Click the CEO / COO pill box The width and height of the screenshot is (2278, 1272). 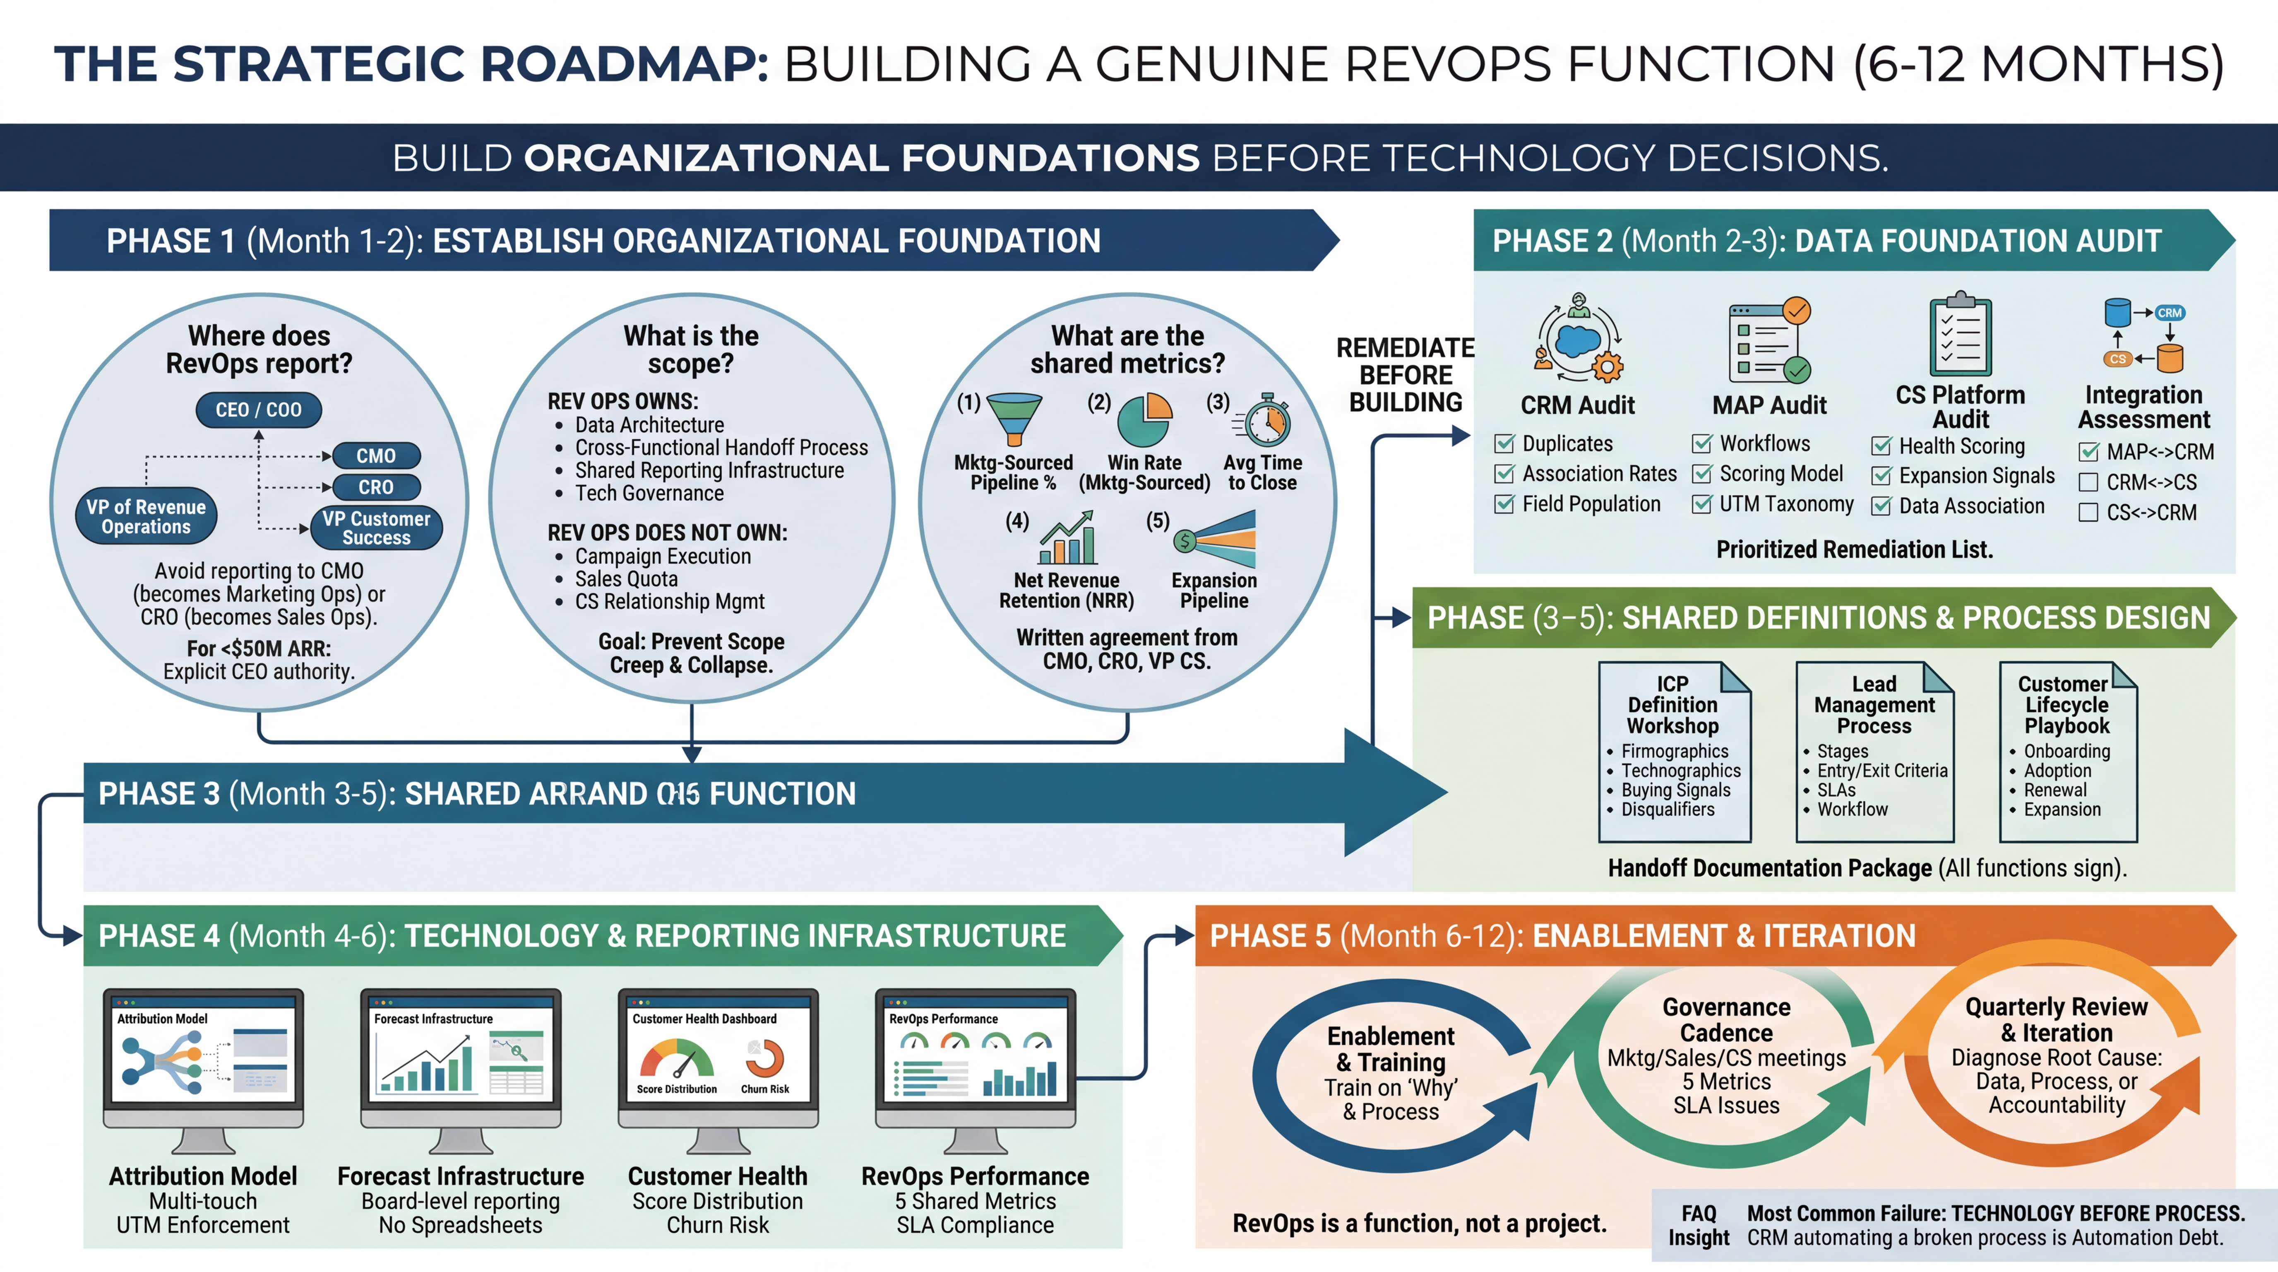tap(258, 410)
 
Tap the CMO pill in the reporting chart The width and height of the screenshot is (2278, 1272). tap(376, 455)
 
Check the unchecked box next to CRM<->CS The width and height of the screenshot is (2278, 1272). tap(2088, 482)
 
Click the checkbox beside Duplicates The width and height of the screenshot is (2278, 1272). tap(1503, 443)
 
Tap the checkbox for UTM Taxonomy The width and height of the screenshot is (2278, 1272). tap(1701, 504)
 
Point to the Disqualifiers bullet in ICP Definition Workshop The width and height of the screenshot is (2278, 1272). tap(1667, 809)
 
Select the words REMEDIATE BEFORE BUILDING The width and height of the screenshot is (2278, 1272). tap(1405, 375)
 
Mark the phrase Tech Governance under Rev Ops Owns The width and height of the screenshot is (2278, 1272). tap(649, 494)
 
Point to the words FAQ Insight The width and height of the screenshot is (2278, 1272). tap(1698, 1225)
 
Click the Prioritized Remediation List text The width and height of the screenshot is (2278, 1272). tap(1855, 549)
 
